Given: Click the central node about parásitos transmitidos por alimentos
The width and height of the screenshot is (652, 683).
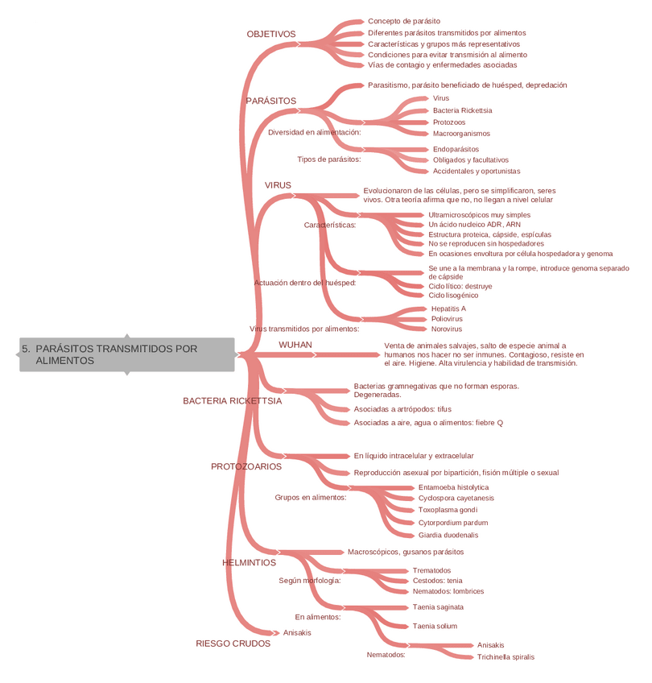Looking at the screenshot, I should [126, 354].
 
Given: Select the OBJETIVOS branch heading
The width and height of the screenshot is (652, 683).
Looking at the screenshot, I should [271, 35].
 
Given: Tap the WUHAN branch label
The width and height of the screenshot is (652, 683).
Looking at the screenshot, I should [295, 345].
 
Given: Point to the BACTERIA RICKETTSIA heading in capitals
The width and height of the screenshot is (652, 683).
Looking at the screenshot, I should [232, 400].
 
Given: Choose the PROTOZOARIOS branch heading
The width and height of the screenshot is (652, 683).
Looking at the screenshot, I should [246, 466].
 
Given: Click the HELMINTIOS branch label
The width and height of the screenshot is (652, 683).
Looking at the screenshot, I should [249, 562].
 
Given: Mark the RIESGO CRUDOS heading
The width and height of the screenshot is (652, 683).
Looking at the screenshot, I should [233, 643].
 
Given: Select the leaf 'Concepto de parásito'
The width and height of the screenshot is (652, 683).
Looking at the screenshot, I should [403, 21].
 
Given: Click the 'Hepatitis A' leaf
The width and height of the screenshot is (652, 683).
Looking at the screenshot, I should [448, 308].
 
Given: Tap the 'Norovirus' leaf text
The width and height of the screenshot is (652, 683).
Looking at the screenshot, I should [446, 329].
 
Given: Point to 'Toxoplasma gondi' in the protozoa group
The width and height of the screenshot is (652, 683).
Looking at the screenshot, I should [448, 510].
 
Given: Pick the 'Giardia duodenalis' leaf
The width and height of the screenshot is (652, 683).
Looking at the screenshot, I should [448, 535].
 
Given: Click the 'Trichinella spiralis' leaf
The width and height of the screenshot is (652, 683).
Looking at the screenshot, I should [506, 656].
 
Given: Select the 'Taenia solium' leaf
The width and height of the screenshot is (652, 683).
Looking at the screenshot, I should [435, 626].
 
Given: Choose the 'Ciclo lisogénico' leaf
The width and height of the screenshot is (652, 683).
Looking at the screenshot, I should [452, 296].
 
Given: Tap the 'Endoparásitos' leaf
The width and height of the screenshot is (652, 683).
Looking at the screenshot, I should [456, 149].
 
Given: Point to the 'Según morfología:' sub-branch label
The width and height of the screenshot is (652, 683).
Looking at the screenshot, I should [310, 580].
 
